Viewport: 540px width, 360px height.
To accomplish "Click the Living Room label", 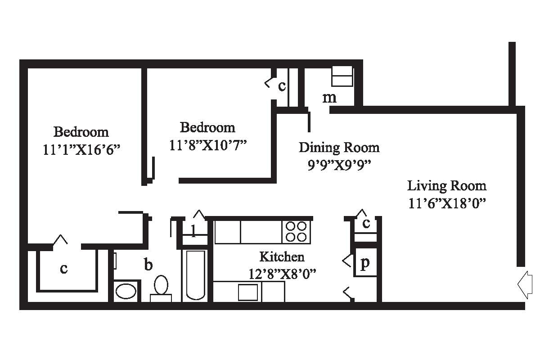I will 446,185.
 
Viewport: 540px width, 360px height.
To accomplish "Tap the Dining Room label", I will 339,147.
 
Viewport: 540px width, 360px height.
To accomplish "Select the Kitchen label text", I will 282,257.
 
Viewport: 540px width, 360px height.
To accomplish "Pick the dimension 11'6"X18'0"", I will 446,203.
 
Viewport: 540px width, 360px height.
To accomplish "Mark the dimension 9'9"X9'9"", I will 339,165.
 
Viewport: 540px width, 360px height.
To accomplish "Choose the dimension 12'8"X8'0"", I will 282,274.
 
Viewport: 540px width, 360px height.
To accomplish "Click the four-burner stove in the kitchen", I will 296,231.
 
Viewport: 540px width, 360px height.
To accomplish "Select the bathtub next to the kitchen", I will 195,274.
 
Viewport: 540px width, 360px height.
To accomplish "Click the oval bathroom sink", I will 126,291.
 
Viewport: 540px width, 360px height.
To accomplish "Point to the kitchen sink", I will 248,292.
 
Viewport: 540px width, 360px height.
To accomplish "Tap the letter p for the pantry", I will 365,262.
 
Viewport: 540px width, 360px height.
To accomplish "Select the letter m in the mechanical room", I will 329,97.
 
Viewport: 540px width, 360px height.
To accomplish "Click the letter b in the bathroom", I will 148,265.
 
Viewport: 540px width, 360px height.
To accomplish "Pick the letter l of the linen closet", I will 193,231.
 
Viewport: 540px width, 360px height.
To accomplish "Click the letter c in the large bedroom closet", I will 64,269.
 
